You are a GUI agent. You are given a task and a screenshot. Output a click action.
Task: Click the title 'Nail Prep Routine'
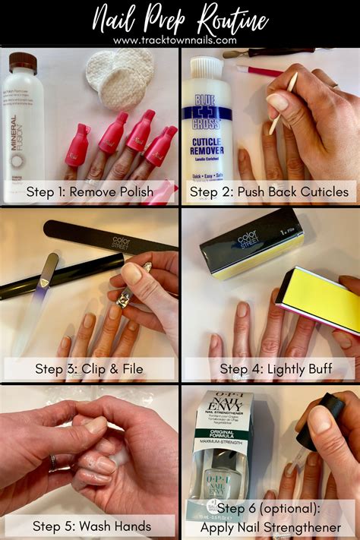click(179, 18)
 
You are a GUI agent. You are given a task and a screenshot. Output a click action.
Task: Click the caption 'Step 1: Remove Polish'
click(90, 191)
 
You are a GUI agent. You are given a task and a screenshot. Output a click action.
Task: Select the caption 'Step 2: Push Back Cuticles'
click(269, 191)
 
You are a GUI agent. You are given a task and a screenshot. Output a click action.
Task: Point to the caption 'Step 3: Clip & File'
click(90, 369)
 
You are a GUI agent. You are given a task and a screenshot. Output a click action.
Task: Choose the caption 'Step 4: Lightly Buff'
click(269, 369)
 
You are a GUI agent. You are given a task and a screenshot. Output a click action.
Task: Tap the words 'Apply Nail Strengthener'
click(269, 526)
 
